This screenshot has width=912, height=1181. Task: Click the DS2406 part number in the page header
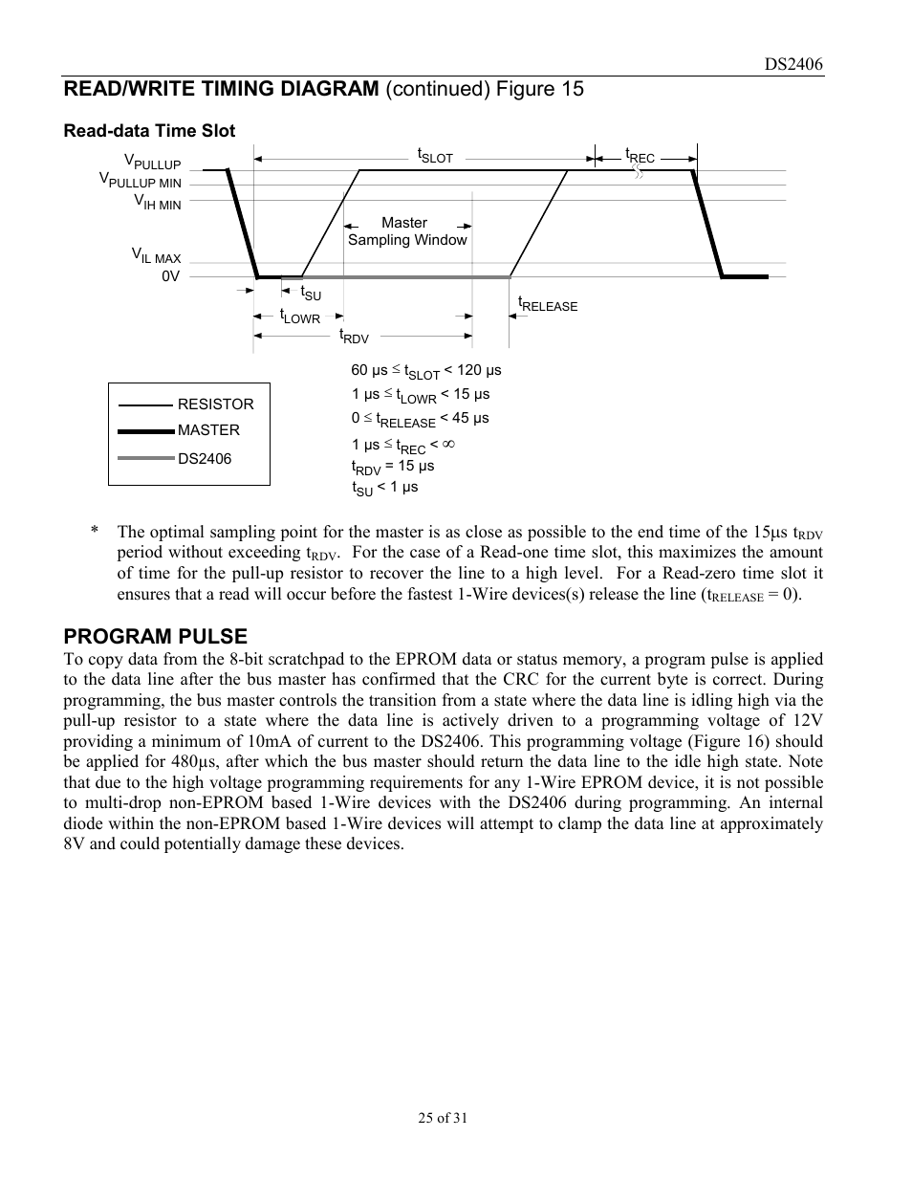[x=793, y=64]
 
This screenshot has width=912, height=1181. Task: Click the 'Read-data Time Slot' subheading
[x=149, y=131]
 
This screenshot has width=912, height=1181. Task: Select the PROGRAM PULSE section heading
[x=155, y=636]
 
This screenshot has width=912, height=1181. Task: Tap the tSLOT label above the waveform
[x=434, y=155]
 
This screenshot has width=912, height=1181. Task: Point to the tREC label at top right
[x=640, y=155]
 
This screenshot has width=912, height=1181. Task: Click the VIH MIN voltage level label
[x=157, y=203]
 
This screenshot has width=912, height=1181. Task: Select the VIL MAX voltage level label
[x=156, y=256]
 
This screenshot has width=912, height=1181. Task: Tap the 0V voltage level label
[x=170, y=276]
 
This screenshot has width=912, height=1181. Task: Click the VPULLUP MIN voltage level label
[x=141, y=181]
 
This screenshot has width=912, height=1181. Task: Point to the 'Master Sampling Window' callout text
[x=406, y=231]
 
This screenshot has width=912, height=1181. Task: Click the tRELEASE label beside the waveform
[x=548, y=304]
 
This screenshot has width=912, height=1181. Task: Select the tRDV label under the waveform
[x=354, y=336]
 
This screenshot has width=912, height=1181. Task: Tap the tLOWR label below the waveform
[x=300, y=317]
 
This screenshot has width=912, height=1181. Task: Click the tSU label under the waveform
[x=311, y=294]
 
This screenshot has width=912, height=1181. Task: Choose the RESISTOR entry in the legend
[x=215, y=405]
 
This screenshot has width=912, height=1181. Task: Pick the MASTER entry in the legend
[x=208, y=430]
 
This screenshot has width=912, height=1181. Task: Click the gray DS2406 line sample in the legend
[x=145, y=459]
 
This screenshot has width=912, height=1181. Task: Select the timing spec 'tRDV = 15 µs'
[x=393, y=467]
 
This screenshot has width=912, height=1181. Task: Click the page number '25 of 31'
[x=443, y=1118]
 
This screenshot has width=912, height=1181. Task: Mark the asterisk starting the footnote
[x=95, y=533]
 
